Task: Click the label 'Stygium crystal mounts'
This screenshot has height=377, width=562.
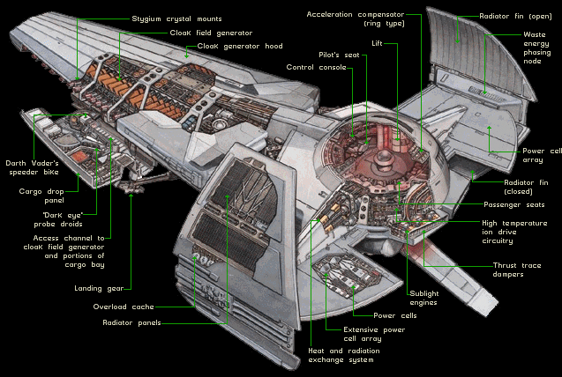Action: pos(176,18)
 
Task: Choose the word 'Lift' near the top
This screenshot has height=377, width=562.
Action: pos(378,41)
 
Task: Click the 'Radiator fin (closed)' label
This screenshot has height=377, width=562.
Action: pos(525,186)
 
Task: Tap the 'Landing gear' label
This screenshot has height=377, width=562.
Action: pos(98,287)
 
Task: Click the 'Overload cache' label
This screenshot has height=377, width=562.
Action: pos(124,307)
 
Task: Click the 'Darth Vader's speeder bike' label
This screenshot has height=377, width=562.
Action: pos(32,167)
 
